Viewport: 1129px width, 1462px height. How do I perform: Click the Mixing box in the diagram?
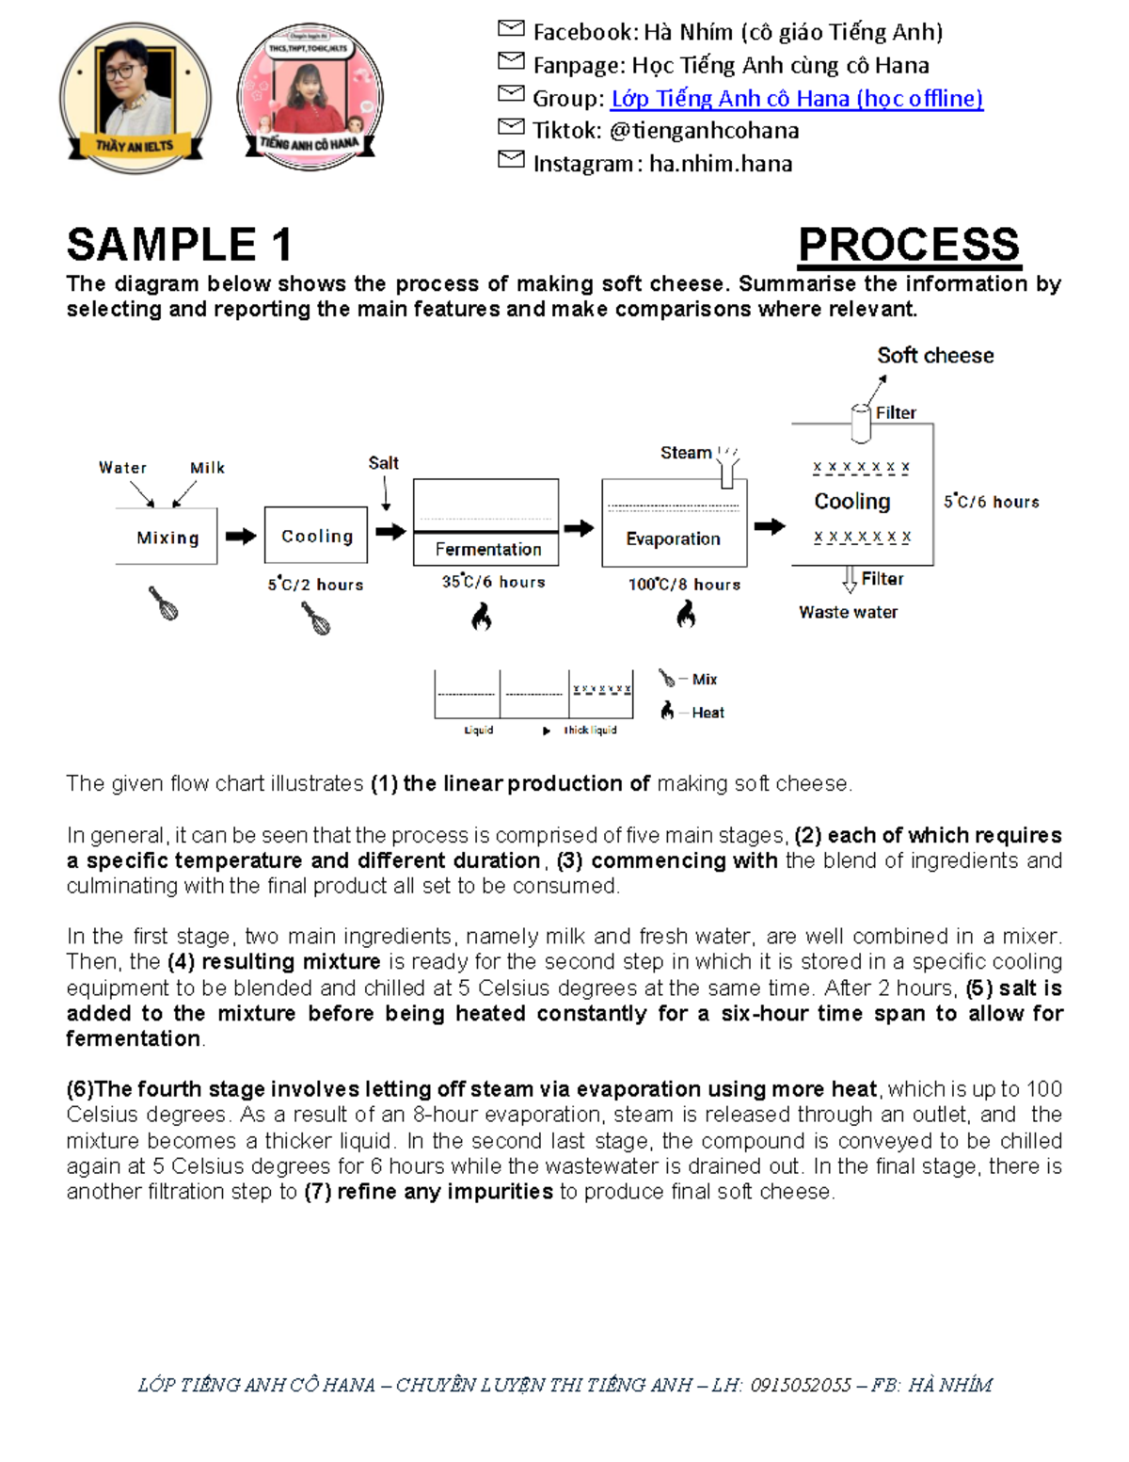click(x=167, y=537)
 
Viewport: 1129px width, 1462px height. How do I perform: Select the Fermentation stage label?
click(x=487, y=549)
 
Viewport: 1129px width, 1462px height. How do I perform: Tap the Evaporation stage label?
click(x=673, y=538)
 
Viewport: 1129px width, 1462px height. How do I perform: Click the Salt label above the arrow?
click(x=383, y=462)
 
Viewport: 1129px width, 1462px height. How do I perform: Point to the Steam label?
click(x=686, y=453)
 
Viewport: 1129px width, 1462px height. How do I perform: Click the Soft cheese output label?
click(x=934, y=355)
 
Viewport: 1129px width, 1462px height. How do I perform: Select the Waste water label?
click(x=848, y=612)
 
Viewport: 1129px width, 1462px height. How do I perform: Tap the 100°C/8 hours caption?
click(x=684, y=585)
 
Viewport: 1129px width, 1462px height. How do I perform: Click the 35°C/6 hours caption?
click(x=493, y=583)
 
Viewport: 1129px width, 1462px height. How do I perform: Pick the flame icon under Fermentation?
click(x=482, y=617)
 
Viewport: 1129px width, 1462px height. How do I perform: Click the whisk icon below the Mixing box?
click(x=164, y=603)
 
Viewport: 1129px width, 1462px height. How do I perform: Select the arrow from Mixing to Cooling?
click(x=241, y=536)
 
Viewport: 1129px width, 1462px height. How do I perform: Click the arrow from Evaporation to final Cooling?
click(x=769, y=526)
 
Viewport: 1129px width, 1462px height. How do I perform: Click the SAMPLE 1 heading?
click(x=179, y=245)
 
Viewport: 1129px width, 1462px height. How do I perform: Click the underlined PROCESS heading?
click(x=908, y=245)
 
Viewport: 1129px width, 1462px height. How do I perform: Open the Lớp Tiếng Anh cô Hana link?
click(x=796, y=98)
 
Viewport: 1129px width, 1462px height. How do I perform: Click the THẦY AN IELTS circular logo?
click(x=135, y=97)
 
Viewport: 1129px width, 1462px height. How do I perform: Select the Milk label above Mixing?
click(x=207, y=468)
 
